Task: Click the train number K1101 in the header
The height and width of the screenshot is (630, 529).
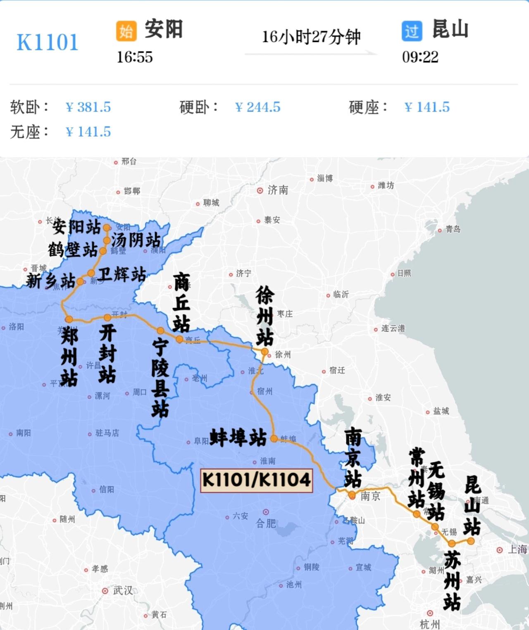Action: click(x=47, y=42)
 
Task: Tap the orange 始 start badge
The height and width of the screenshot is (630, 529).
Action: click(x=126, y=31)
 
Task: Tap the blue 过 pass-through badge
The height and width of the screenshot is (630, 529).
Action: click(x=412, y=31)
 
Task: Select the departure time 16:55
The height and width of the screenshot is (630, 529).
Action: click(x=134, y=57)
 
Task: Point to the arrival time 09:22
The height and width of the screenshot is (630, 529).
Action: click(x=420, y=57)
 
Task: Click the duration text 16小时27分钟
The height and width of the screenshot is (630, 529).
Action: click(x=311, y=37)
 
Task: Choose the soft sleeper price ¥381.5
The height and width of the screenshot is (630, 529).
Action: click(x=88, y=107)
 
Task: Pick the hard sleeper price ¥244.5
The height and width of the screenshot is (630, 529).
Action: click(x=257, y=107)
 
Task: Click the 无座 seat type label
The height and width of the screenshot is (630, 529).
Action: click(x=29, y=132)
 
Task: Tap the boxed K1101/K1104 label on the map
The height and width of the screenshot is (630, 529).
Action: click(x=256, y=480)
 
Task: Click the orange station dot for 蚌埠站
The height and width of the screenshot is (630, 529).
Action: click(x=274, y=439)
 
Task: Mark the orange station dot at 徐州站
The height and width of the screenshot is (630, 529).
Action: click(x=264, y=352)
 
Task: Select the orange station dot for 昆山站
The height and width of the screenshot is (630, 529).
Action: click(x=471, y=541)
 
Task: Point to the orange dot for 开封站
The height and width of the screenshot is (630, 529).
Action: click(x=107, y=317)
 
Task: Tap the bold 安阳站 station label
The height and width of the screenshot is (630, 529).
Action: click(x=77, y=226)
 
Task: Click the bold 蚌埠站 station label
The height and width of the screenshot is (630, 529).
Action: click(x=238, y=438)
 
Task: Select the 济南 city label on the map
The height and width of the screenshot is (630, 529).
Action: click(x=277, y=190)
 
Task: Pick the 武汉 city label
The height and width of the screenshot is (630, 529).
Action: click(x=123, y=590)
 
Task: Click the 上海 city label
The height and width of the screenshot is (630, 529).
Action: click(x=517, y=549)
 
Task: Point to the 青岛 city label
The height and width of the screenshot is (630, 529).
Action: click(x=453, y=229)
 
